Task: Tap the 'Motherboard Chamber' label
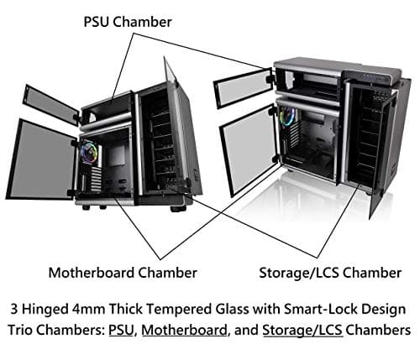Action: [x=123, y=272]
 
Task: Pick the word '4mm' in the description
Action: [x=97, y=307]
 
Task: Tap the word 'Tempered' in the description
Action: [x=185, y=307]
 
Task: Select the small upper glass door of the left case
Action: [x=49, y=104]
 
